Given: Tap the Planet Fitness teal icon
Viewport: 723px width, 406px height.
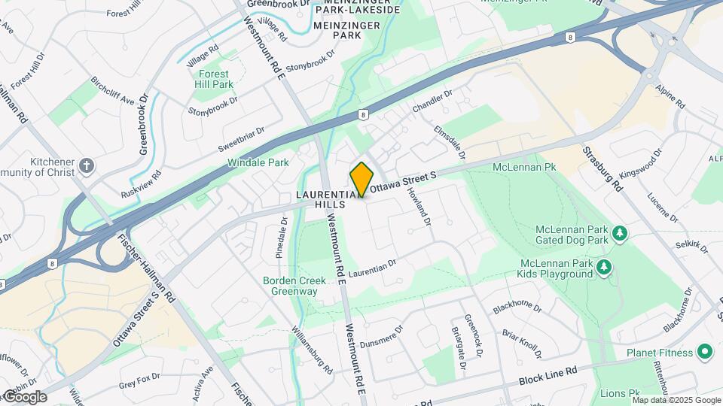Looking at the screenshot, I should [705, 352].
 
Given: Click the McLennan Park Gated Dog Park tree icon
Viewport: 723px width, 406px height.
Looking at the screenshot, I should [620, 234].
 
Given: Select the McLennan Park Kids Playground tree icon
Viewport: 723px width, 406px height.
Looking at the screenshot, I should [603, 267].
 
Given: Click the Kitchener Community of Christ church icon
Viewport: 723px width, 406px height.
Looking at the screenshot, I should [87, 165].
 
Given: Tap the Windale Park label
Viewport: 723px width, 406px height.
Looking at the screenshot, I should [258, 162].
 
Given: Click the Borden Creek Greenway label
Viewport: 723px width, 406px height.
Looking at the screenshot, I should [294, 286].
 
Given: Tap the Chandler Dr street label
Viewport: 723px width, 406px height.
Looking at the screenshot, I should [432, 103].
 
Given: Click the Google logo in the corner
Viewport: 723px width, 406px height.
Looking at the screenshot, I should [25, 397].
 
